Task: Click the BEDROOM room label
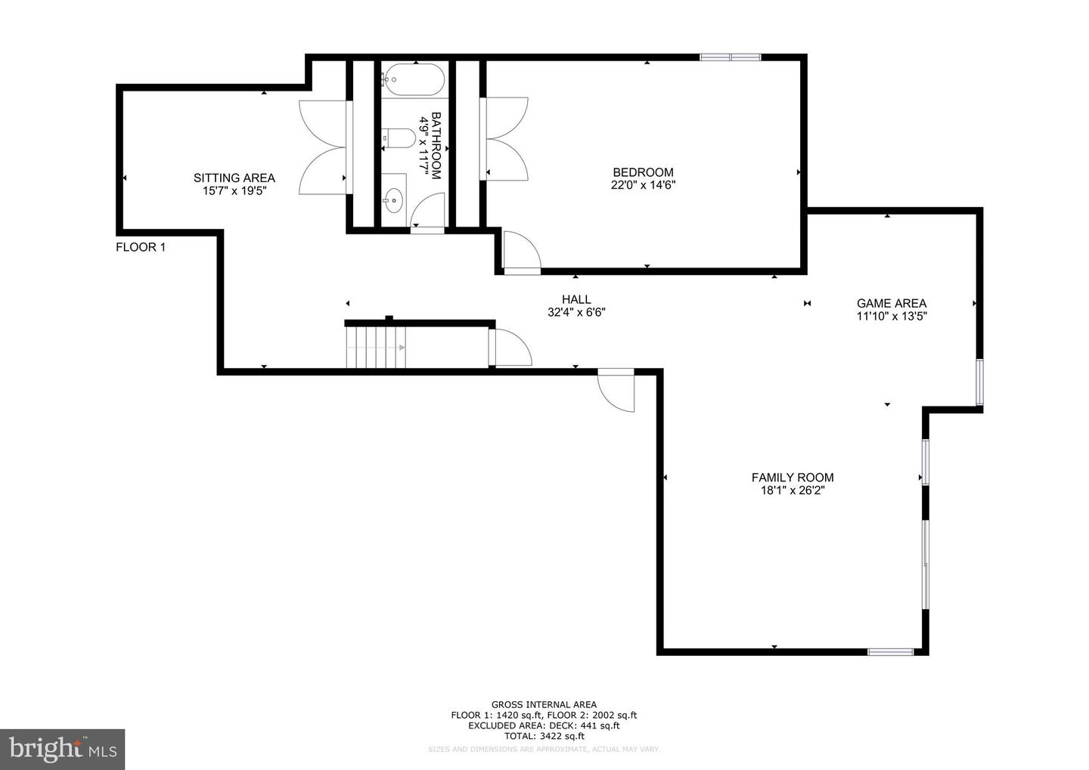click(643, 172)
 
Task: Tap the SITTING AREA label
click(234, 178)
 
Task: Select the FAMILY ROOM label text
click(793, 478)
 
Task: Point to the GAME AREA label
click(891, 304)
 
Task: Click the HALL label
click(576, 299)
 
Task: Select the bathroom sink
click(394, 200)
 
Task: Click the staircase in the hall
click(376, 347)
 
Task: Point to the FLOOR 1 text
click(141, 247)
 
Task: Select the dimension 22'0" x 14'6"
click(643, 185)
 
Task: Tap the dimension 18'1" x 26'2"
click(793, 490)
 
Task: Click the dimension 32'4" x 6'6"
click(576, 312)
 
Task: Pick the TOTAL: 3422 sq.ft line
click(544, 735)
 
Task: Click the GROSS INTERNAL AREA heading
click(544, 704)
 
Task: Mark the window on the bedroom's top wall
click(730, 57)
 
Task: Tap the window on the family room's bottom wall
click(890, 651)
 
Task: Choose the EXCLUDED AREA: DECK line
click(544, 725)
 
